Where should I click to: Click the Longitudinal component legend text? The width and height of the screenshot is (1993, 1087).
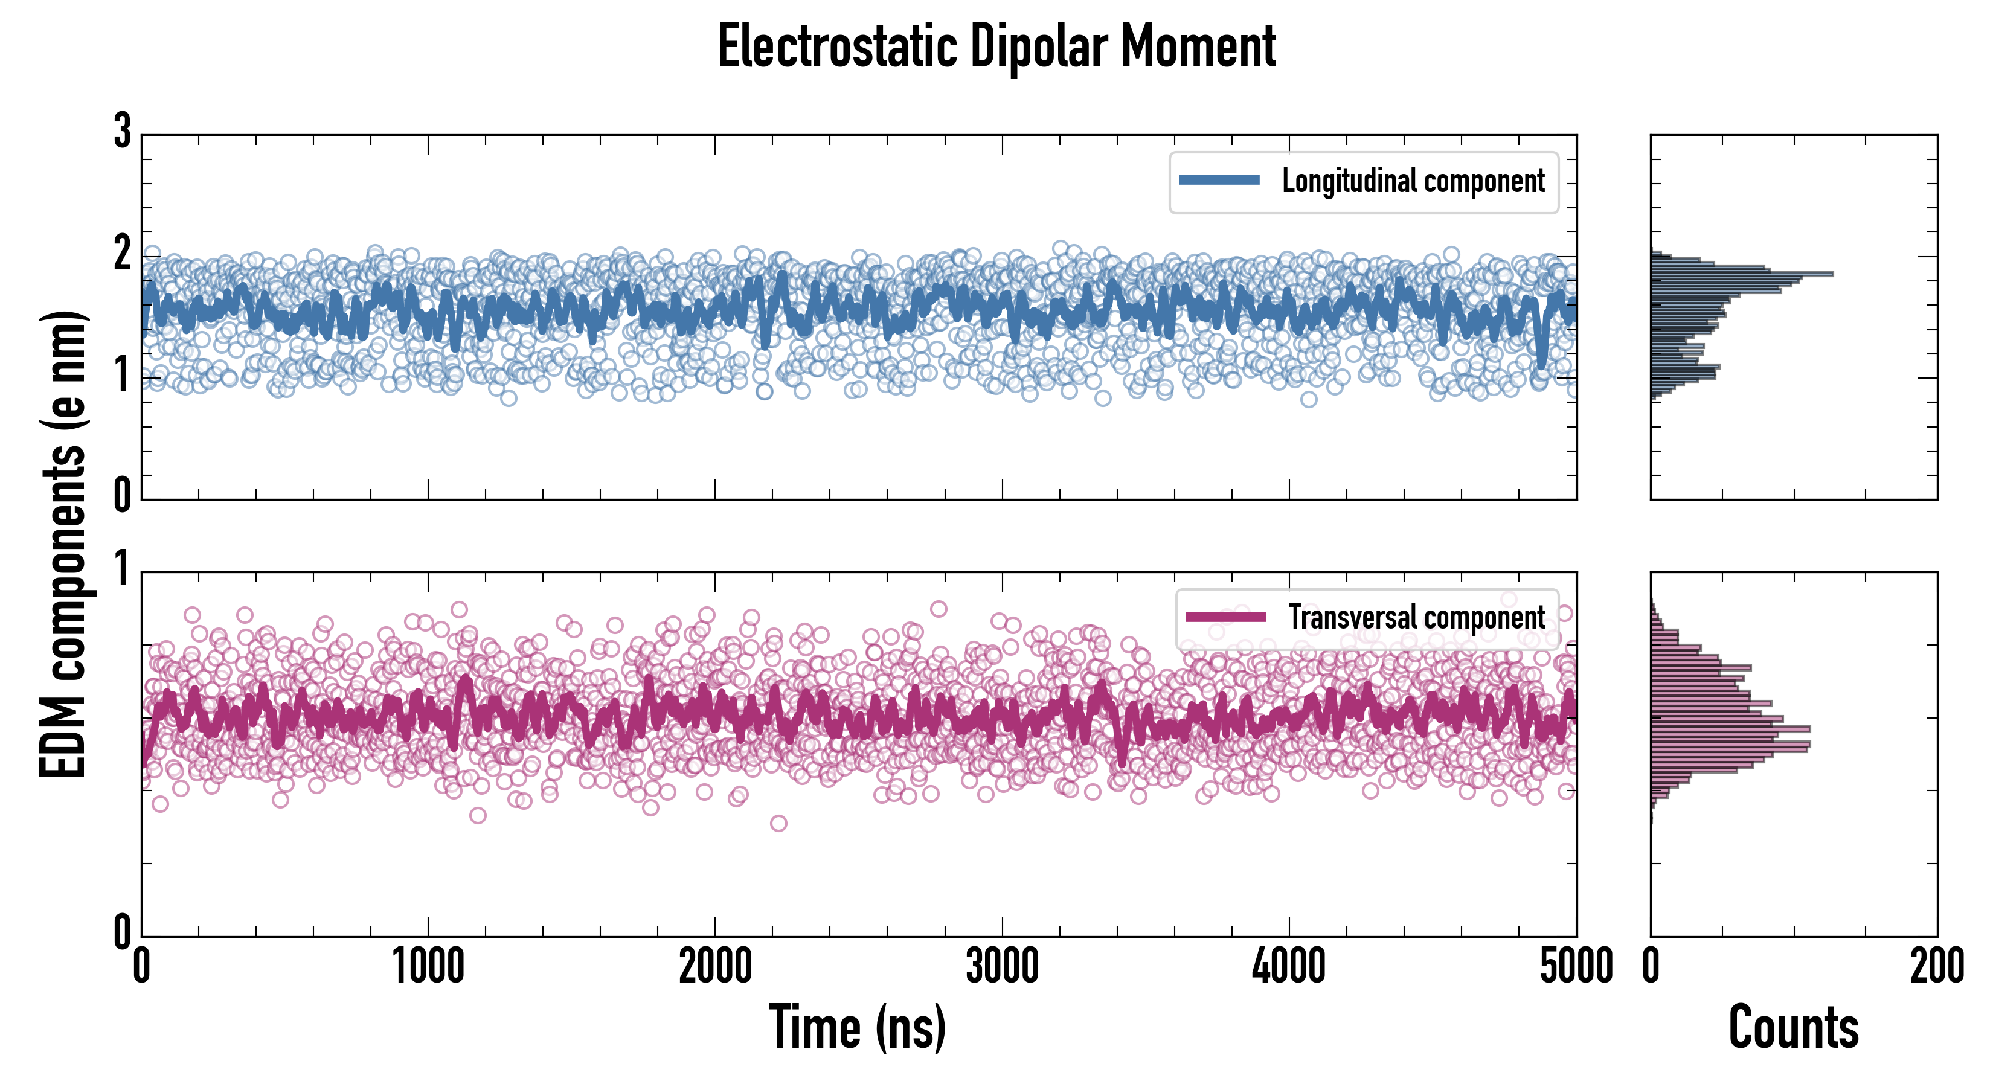pyautogui.click(x=1413, y=181)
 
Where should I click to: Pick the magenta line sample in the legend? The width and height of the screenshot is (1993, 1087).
pyautogui.click(x=1225, y=617)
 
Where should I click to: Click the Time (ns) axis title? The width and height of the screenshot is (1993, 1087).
pyautogui.click(x=857, y=1027)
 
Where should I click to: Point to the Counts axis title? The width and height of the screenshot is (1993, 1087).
pyautogui.click(x=1793, y=1027)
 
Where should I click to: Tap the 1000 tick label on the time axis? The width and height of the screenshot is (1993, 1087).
pyautogui.click(x=428, y=966)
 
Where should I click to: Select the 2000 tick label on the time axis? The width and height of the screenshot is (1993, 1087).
pyautogui.click(x=715, y=966)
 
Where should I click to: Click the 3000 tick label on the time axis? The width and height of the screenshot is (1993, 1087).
pyautogui.click(x=1002, y=966)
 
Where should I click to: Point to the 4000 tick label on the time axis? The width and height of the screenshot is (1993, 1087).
pyautogui.click(x=1289, y=966)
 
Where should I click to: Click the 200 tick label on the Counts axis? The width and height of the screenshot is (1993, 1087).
pyautogui.click(x=1936, y=966)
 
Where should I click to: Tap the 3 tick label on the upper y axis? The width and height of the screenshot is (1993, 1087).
pyautogui.click(x=122, y=132)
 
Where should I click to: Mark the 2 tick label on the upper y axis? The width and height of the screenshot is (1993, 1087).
pyautogui.click(x=122, y=254)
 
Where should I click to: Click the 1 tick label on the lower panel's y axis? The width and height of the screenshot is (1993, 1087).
pyautogui.click(x=122, y=569)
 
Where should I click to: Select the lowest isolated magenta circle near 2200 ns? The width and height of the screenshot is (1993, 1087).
pyautogui.click(x=778, y=823)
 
